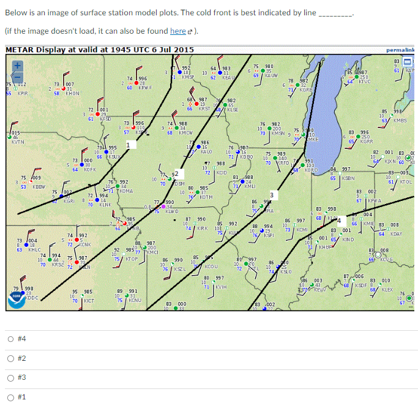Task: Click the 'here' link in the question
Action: click(x=177, y=31)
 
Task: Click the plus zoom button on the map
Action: click(x=18, y=64)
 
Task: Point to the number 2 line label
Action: click(x=175, y=175)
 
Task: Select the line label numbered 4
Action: click(x=338, y=220)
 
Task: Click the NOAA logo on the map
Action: click(x=17, y=297)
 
